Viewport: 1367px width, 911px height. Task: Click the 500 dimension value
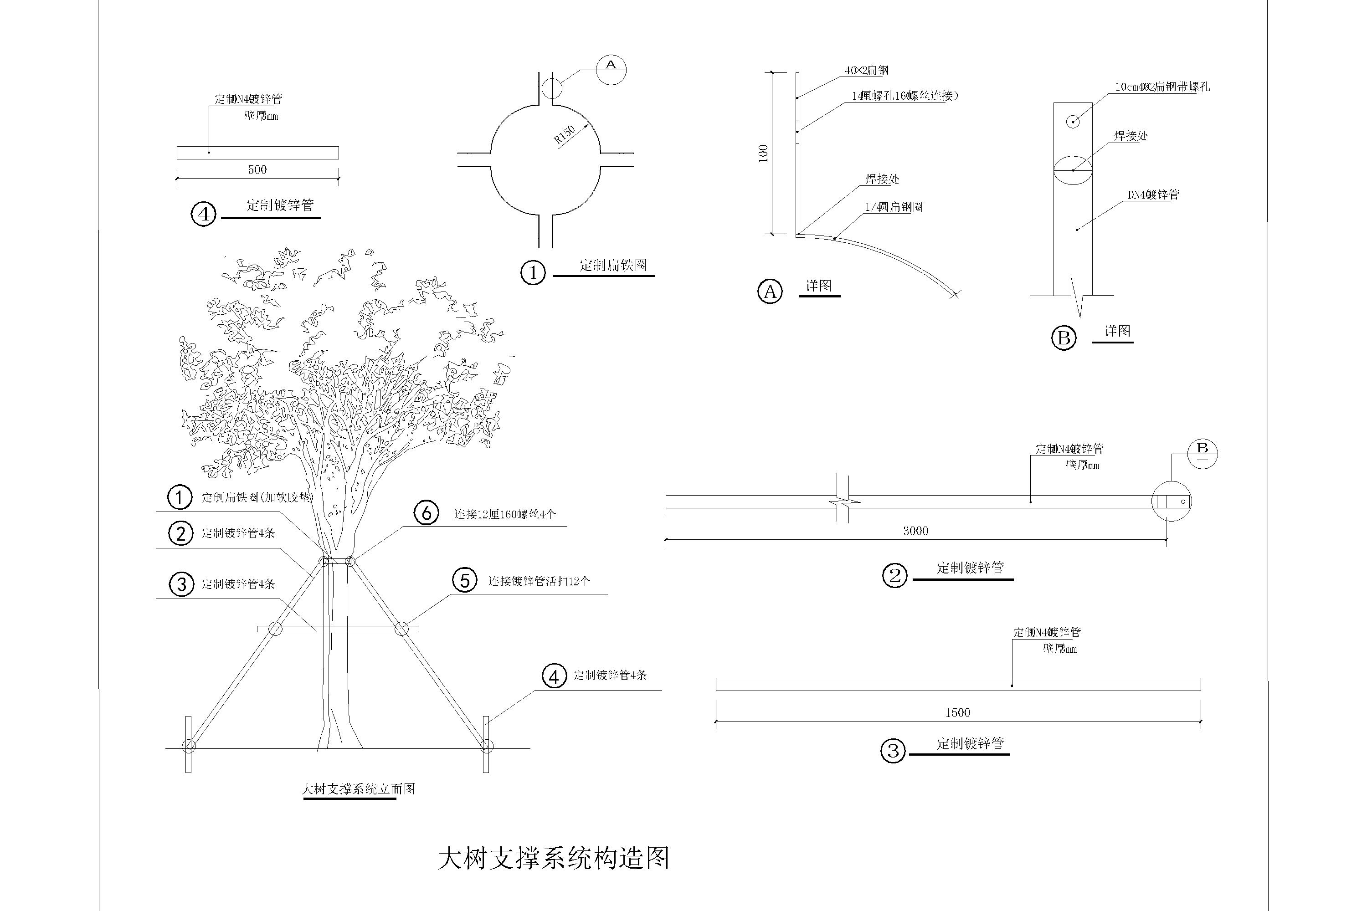257,169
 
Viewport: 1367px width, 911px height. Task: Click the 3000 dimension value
915,531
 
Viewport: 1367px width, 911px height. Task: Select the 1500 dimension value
957,712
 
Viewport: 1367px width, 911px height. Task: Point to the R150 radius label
565,134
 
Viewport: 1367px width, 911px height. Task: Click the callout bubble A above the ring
611,70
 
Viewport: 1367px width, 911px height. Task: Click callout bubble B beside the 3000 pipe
1203,454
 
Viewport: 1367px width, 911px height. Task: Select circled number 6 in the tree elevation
427,513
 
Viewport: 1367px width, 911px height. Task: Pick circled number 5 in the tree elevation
465,580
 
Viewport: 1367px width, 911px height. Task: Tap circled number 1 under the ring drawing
533,272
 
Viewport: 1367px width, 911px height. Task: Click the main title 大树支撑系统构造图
553,859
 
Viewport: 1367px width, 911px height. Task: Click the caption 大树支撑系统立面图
359,789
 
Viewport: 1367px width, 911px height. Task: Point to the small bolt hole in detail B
1072,122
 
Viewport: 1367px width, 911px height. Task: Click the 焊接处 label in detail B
1131,136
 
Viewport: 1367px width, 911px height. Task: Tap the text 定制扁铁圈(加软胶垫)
257,497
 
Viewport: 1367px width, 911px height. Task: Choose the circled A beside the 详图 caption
770,291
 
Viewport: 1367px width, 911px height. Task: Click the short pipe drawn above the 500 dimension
257,153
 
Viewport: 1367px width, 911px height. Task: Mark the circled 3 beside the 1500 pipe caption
893,751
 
